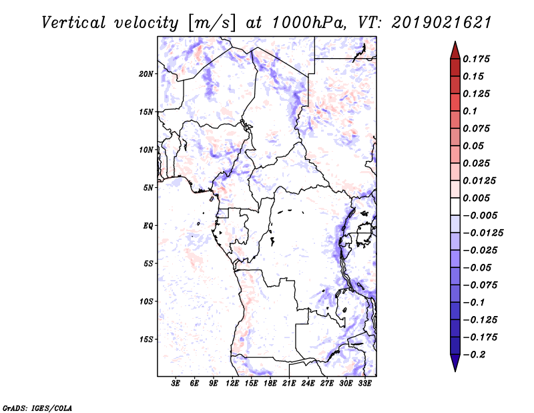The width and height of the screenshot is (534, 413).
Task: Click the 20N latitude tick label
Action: [146, 74]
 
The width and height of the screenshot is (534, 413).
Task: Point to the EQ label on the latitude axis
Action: [148, 226]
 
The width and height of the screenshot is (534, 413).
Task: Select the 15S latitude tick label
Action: [146, 339]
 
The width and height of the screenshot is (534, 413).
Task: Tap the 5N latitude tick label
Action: [148, 188]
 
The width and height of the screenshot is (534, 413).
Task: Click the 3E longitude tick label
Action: [176, 384]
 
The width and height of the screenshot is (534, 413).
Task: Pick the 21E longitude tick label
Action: [289, 384]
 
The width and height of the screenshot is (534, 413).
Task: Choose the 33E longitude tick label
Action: [364, 384]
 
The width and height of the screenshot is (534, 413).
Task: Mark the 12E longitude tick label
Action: [232, 384]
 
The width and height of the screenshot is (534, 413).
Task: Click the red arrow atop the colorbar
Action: [455, 49]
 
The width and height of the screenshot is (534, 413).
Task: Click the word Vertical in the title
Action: [74, 23]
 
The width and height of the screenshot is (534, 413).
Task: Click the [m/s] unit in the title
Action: [213, 23]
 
